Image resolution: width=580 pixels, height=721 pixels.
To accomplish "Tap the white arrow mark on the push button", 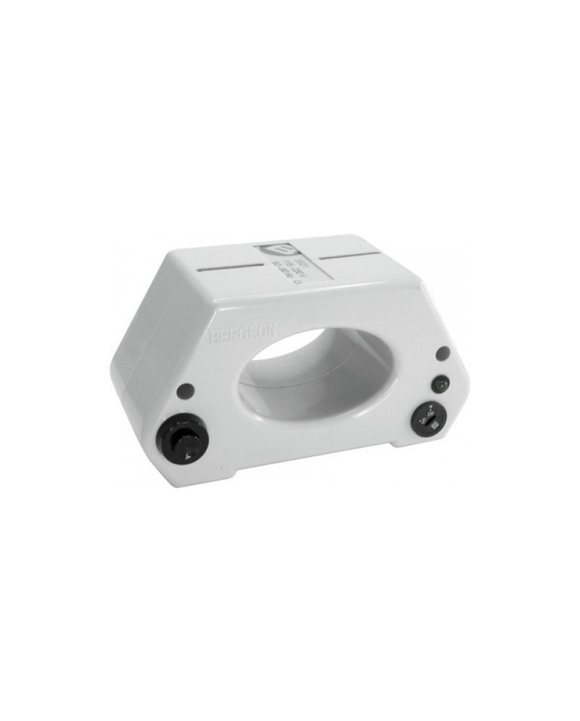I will point(189,455).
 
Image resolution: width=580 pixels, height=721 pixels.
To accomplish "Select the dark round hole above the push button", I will point(185,390).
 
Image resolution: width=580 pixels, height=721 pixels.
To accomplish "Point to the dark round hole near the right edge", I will point(443,353).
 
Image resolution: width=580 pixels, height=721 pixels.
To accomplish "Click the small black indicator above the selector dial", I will point(439,383).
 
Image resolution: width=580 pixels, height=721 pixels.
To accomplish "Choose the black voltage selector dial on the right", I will point(428,421).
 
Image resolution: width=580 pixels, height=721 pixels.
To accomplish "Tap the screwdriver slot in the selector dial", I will point(428,421).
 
